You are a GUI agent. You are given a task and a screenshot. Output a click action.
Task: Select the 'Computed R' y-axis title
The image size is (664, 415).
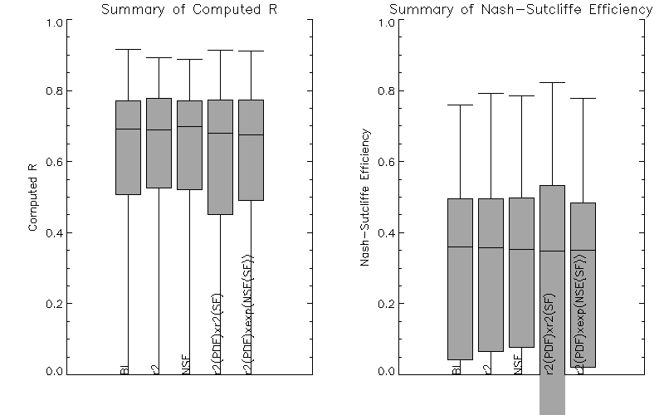coord(33,197)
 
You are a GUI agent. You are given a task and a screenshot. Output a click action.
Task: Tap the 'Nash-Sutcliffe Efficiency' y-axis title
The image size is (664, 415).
coord(364,197)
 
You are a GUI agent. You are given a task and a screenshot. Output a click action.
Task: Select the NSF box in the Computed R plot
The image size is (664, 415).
coord(189,145)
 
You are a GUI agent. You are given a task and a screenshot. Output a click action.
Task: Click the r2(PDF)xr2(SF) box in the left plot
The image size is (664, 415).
coord(220,157)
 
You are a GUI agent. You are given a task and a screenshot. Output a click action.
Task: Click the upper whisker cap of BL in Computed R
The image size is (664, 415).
coord(128,50)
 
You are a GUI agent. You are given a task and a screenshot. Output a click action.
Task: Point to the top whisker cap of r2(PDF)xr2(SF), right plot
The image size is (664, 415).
coord(552,83)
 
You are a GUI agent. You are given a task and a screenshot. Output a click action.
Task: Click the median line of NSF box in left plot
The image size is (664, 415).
coord(189,126)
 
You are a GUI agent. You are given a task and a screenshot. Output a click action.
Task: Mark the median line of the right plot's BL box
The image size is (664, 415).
coord(460,247)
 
